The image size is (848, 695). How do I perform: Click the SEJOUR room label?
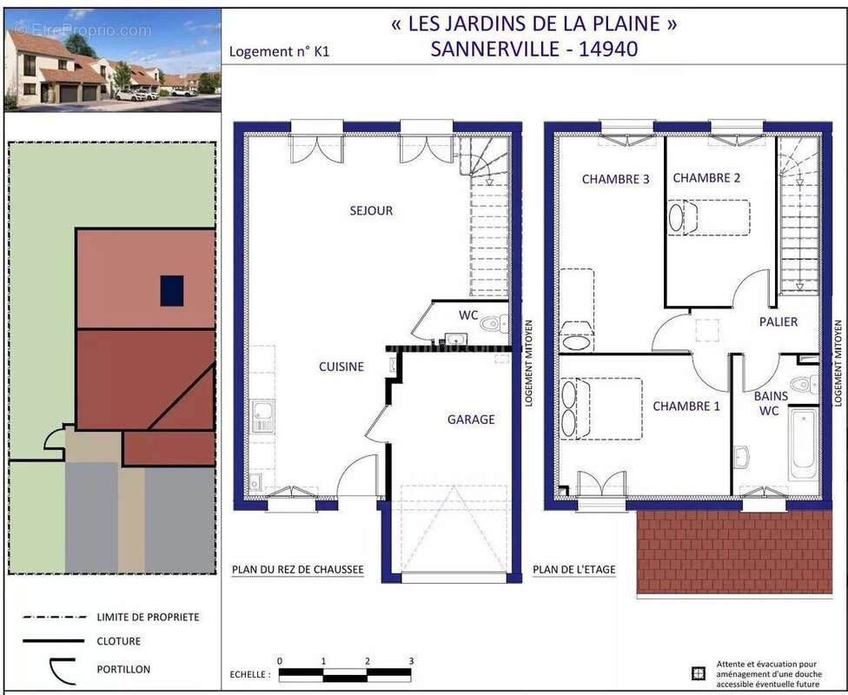click(x=371, y=210)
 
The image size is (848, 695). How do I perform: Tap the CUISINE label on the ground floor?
click(x=341, y=367)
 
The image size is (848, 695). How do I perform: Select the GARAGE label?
click(x=471, y=419)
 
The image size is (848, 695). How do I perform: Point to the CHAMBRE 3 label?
click(x=615, y=179)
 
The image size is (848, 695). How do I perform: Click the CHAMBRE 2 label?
click(x=706, y=178)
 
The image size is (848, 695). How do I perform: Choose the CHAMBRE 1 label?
click(x=686, y=406)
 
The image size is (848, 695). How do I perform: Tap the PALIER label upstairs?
click(x=778, y=321)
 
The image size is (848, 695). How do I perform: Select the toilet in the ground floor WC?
click(x=494, y=323)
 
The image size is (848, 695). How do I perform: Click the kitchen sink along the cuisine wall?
click(x=262, y=416)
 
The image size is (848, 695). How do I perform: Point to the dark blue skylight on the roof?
click(x=172, y=290)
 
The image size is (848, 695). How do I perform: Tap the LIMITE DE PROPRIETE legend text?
click(x=148, y=617)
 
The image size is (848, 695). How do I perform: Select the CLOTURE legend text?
click(x=119, y=641)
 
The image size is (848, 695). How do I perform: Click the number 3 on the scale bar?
click(x=411, y=661)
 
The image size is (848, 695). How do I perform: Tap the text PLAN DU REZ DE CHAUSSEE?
click(x=297, y=570)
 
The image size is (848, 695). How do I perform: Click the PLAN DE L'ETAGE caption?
click(x=573, y=570)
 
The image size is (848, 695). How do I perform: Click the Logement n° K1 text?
click(x=279, y=51)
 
